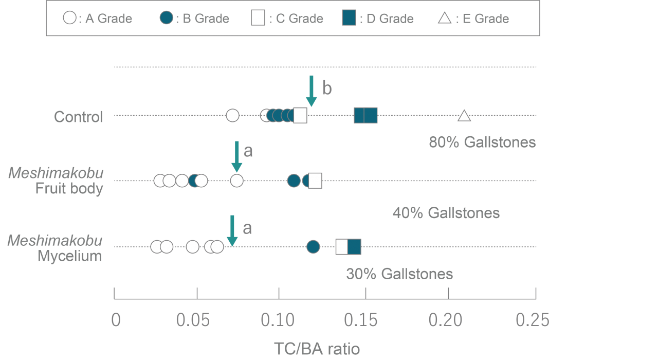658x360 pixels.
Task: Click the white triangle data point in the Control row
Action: click(464, 116)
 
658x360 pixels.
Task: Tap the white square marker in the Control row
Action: click(300, 115)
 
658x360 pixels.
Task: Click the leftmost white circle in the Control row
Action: click(232, 115)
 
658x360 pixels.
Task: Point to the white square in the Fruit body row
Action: click(315, 181)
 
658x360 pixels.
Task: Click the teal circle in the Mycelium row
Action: click(313, 247)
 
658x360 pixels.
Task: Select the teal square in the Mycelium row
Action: click(355, 247)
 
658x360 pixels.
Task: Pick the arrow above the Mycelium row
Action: click(232, 230)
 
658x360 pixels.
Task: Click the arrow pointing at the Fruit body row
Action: click(236, 157)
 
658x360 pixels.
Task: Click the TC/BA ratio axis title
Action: click(317, 349)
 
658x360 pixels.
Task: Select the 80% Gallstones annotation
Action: click(482, 142)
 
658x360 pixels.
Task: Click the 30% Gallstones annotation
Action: click(399, 274)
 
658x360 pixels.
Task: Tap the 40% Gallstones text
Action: click(446, 212)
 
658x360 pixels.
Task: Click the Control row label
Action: click(78, 117)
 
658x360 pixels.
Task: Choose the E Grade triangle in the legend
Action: click(445, 19)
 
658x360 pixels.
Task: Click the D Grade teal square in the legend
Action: click(349, 19)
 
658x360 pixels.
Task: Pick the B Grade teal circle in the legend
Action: click(166, 19)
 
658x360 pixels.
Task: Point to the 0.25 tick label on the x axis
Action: click(532, 320)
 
